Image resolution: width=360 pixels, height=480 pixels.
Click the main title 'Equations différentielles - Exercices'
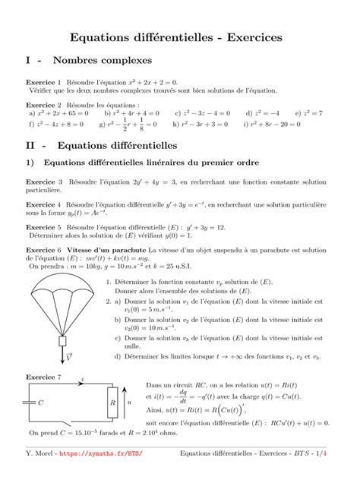pyautogui.click(x=176, y=36)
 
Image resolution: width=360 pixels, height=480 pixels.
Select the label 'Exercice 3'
pyautogui.click(x=44, y=183)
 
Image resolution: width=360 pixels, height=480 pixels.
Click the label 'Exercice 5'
pyautogui.click(x=44, y=226)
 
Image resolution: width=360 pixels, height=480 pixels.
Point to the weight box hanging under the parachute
pyautogui.click(x=62, y=350)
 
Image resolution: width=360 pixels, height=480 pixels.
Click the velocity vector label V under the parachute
pyautogui.click(x=69, y=365)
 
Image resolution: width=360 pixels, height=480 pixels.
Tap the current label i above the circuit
pyautogui.click(x=81, y=377)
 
